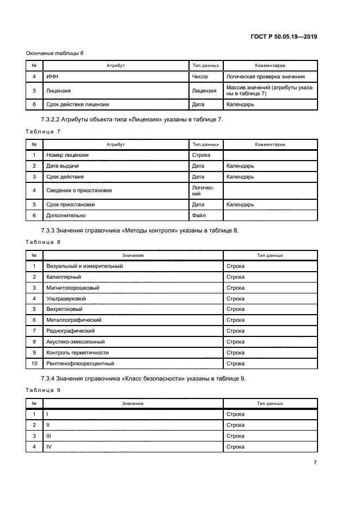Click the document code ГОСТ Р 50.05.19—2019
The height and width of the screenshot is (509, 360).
284,36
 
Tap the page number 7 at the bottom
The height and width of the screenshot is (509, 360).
315,462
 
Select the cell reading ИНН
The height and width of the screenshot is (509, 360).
53,77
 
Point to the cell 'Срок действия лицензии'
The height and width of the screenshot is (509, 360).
78,105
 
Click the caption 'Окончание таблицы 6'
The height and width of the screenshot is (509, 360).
54,53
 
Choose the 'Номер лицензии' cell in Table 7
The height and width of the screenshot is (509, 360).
68,155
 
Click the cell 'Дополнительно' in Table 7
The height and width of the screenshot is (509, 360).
66,216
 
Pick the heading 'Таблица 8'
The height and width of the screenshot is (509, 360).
43,241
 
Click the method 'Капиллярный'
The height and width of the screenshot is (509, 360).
62,277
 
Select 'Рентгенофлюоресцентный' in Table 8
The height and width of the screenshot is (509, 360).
81,363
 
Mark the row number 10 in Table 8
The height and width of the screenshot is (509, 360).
34,363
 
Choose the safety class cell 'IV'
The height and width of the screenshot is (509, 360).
49,447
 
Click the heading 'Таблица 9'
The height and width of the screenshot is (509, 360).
43,390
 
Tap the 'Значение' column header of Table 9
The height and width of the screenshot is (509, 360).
132,403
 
